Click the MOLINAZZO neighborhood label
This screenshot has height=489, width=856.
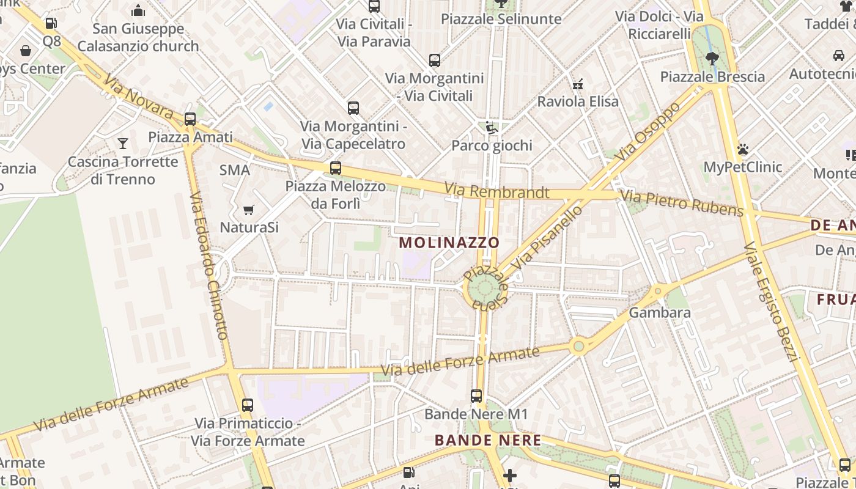(449, 243)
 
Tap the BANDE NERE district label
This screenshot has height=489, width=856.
(488, 440)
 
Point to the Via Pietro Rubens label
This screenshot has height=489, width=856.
(682, 204)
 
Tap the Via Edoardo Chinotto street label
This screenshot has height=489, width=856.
(208, 267)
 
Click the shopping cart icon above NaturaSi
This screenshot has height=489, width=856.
(249, 210)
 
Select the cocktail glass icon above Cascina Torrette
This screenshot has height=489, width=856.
(123, 144)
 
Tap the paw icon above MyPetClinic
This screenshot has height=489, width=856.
(743, 150)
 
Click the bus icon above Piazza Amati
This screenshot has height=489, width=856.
(190, 119)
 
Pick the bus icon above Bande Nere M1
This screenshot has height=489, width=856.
(476, 396)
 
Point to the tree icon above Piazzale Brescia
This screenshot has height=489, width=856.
(712, 59)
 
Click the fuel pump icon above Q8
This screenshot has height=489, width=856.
(51, 24)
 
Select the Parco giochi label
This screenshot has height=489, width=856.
(492, 145)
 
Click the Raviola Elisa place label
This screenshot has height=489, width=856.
(578, 101)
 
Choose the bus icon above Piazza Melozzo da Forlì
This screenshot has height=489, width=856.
(335, 168)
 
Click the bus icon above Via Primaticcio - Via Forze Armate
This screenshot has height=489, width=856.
(248, 405)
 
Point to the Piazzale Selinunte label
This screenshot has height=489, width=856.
(501, 19)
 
